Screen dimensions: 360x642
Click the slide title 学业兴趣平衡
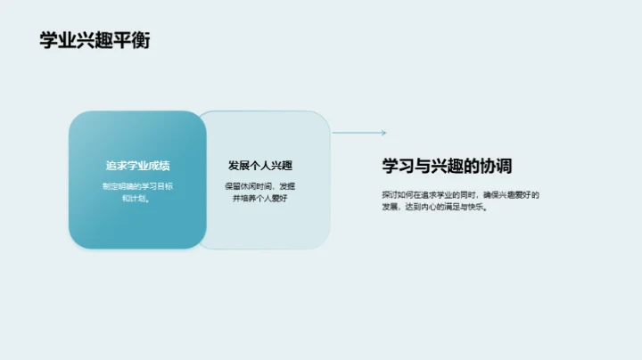pyautogui.click(x=95, y=41)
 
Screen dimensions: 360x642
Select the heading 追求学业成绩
pyautogui.click(x=137, y=166)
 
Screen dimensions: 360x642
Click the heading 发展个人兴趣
pyautogui.click(x=260, y=166)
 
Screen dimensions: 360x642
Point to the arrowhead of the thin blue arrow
pyautogui.click(x=383, y=134)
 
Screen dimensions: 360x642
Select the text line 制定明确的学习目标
pyautogui.click(x=137, y=186)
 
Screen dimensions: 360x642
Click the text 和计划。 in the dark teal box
pyautogui.click(x=137, y=199)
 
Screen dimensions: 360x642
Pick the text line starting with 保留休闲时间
pyautogui.click(x=260, y=186)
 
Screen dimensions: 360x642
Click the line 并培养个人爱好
pyautogui.click(x=260, y=199)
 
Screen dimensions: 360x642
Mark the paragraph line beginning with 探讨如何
pyautogui.click(x=461, y=194)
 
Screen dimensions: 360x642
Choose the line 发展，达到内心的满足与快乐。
pyautogui.click(x=434, y=207)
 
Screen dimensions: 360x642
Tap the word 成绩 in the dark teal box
pyautogui.click(x=159, y=166)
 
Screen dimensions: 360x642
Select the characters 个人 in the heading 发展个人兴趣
pyautogui.click(x=260, y=166)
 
